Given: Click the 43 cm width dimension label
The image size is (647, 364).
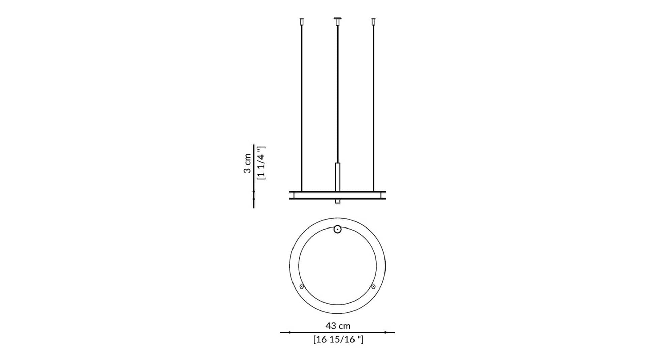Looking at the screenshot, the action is point(338,326).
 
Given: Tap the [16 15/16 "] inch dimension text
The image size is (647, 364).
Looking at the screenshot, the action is point(338,339).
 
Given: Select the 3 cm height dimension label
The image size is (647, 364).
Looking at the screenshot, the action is point(247,163).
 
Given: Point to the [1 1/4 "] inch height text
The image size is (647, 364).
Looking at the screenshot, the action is point(261,163).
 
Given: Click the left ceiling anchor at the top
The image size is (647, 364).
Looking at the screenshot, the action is point(302,22).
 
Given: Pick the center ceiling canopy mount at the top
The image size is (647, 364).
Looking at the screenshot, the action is point(337,21).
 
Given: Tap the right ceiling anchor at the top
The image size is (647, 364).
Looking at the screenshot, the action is point(373,22).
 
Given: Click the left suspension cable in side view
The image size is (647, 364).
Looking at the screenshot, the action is point(302,109).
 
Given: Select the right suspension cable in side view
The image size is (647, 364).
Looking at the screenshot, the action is point(373,109).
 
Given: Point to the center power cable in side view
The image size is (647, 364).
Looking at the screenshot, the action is point(337,94).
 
